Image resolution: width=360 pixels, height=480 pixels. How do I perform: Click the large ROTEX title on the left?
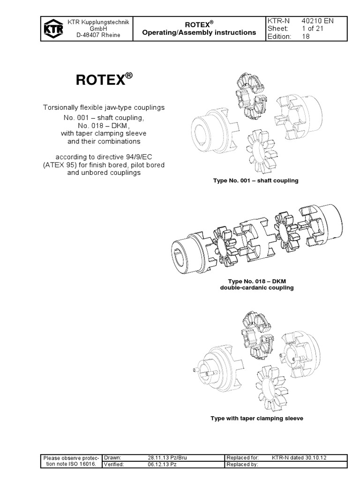(x=101, y=80)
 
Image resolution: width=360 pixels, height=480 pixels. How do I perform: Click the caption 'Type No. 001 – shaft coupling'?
(x=255, y=180)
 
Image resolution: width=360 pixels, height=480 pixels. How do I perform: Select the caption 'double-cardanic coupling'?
(x=257, y=288)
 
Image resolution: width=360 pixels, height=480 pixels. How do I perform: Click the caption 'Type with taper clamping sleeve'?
(x=257, y=418)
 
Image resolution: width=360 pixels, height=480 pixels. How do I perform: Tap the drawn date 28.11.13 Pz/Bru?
(x=167, y=457)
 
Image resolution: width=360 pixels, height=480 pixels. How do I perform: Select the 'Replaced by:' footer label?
(x=242, y=465)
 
